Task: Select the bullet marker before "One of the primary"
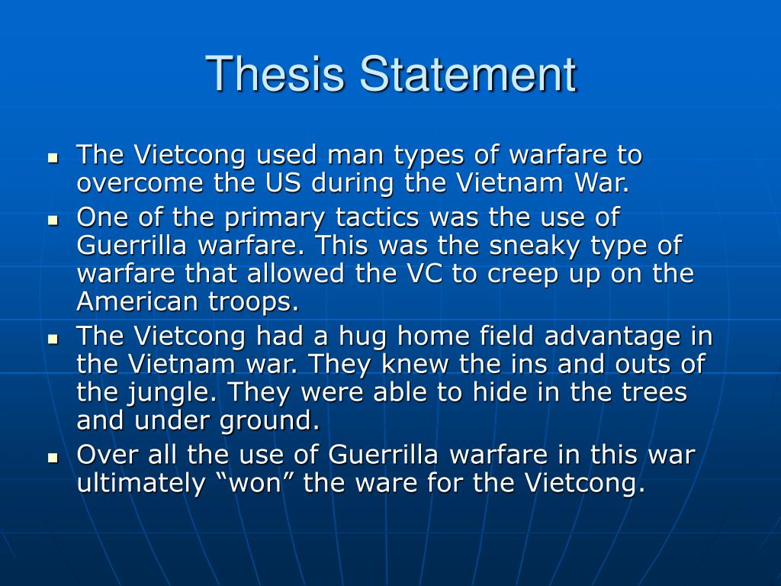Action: pyautogui.click(x=53, y=219)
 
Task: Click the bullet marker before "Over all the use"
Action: pyautogui.click(x=53, y=457)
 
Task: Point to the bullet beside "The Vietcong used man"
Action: pyautogui.click(x=53, y=158)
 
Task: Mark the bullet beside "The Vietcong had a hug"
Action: pyautogui.click(x=53, y=338)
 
